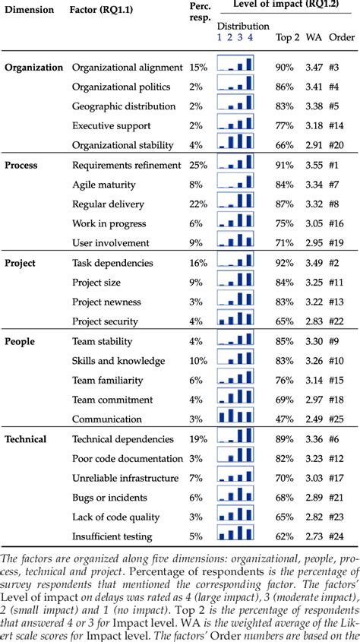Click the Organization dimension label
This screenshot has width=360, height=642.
pos(33,67)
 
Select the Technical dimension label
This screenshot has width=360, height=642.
pos(26,439)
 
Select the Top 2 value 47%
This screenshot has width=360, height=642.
pos(285,419)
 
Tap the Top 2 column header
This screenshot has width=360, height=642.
pos(286,36)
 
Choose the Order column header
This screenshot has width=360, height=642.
pos(339,36)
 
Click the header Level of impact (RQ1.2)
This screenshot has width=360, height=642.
pos(286,8)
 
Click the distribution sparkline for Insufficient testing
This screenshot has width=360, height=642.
pos(235,536)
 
